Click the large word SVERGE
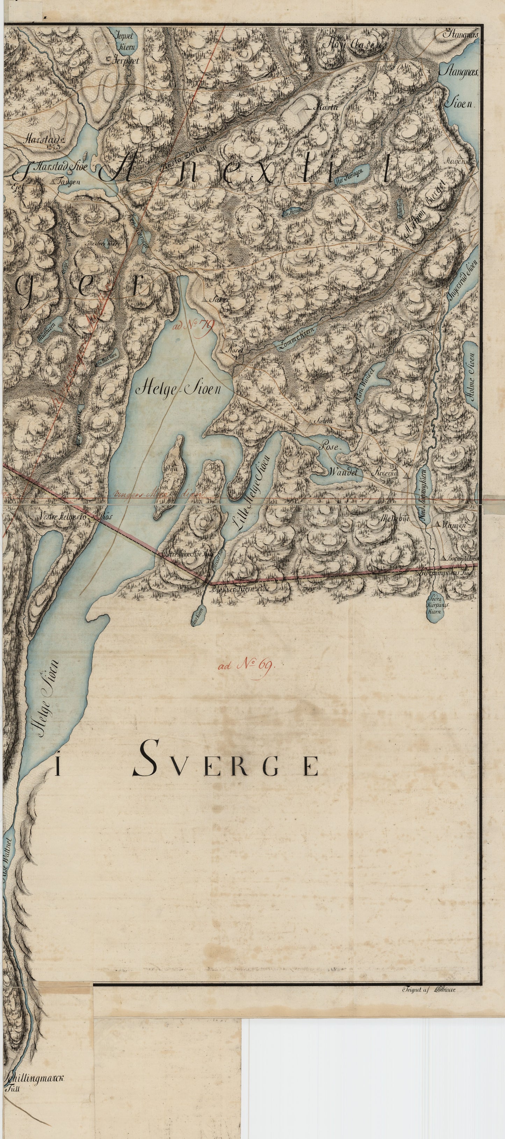click(x=225, y=766)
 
